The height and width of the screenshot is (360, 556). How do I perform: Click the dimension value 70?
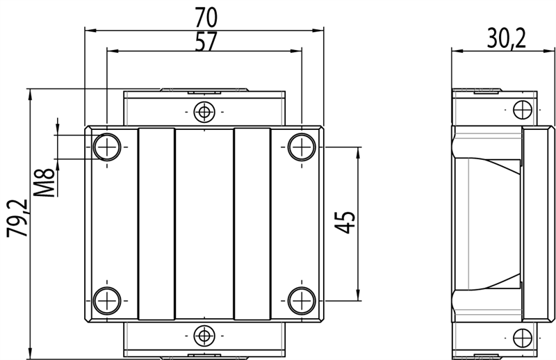tap(204, 16)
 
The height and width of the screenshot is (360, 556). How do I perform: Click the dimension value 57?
tap(204, 41)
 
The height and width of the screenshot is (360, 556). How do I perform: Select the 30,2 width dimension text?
tap(496, 36)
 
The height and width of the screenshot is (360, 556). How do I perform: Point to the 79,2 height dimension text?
tap(17, 218)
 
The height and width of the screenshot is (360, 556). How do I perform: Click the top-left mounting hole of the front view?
tap(107, 146)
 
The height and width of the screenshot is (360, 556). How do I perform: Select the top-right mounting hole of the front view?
tap(301, 146)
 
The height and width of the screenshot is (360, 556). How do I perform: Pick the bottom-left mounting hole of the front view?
tap(107, 301)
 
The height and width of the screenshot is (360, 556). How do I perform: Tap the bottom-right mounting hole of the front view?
tap(301, 301)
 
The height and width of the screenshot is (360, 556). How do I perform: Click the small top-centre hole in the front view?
tap(204, 111)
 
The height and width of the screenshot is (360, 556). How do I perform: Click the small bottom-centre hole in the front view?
tap(204, 336)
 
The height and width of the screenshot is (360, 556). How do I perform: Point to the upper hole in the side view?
tap(521, 109)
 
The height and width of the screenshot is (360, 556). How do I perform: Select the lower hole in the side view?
tap(521, 338)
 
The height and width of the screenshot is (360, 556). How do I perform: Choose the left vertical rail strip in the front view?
tap(156, 224)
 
